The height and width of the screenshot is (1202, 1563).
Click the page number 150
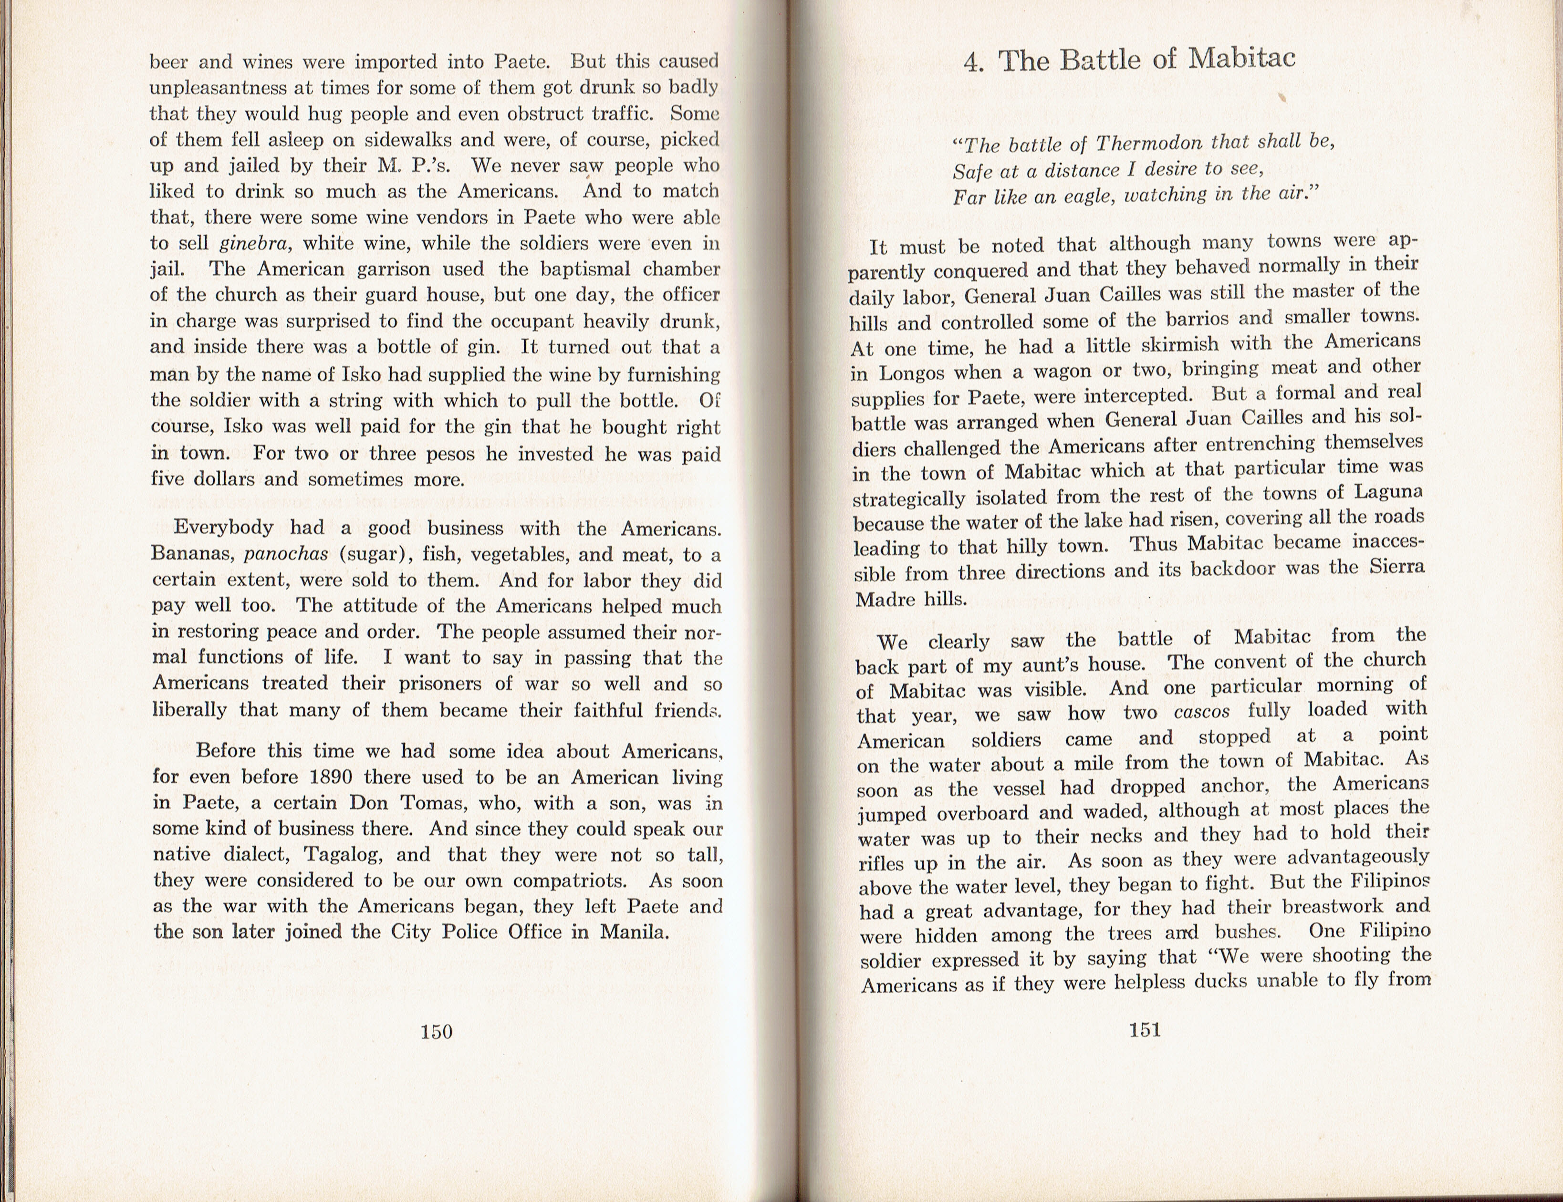[437, 1031]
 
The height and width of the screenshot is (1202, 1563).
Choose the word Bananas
[192, 554]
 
